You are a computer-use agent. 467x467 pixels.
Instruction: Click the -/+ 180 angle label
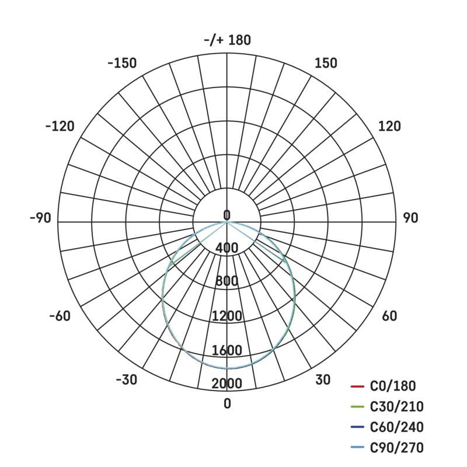[x=228, y=40]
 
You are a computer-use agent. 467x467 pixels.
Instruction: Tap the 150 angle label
[x=326, y=63]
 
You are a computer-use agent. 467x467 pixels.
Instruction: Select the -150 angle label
[x=122, y=63]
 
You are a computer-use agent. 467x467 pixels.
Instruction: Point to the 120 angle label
[x=389, y=126]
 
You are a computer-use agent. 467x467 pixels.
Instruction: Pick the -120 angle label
[x=60, y=126]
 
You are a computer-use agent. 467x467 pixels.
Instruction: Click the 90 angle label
[x=411, y=218]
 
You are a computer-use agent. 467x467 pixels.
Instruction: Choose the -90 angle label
[x=40, y=218]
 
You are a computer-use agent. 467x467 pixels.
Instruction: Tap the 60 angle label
[x=389, y=316]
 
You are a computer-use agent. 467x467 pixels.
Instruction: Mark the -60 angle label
[x=60, y=316]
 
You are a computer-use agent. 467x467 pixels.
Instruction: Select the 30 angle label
[x=323, y=380]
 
